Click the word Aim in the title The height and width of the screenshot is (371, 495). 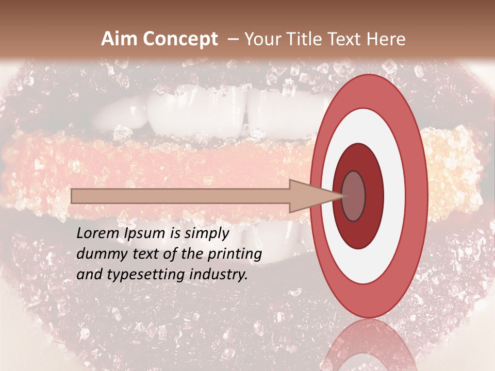click(x=120, y=39)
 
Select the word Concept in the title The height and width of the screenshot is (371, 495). click(x=180, y=39)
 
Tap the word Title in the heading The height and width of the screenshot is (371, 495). click(x=306, y=39)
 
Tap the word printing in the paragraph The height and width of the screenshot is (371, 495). click(x=234, y=254)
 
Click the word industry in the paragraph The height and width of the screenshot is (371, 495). click(x=218, y=275)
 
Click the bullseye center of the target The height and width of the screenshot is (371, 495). click(x=354, y=196)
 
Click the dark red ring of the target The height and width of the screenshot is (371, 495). click(x=374, y=196)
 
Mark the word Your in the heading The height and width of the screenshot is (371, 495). click(x=261, y=39)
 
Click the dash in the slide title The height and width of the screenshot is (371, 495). click(x=233, y=40)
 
